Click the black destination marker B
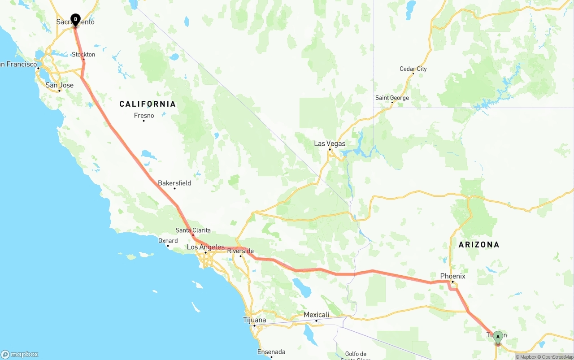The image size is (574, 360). click(x=75, y=20)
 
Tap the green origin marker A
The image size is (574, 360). click(x=498, y=337)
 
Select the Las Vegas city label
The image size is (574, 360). click(x=330, y=143)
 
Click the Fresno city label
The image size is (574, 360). click(x=144, y=116)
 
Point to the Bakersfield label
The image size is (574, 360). click(x=174, y=183)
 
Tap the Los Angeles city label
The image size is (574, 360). click(x=205, y=247)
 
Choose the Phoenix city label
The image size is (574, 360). click(x=452, y=276)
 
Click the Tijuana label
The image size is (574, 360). click(x=254, y=320)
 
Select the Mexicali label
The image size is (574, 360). click(x=316, y=315)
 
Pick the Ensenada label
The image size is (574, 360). click(x=271, y=352)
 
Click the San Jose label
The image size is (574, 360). click(x=60, y=85)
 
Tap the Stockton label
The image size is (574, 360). click(x=83, y=55)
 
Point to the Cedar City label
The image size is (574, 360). click(x=413, y=69)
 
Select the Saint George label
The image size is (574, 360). click(x=392, y=98)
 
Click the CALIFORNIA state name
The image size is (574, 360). click(x=148, y=104)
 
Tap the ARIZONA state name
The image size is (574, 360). click(x=478, y=245)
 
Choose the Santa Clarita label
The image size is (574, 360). click(x=193, y=230)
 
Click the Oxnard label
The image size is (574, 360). click(x=168, y=241)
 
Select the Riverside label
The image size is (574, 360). click(x=240, y=251)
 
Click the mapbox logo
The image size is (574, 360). click(x=20, y=354)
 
